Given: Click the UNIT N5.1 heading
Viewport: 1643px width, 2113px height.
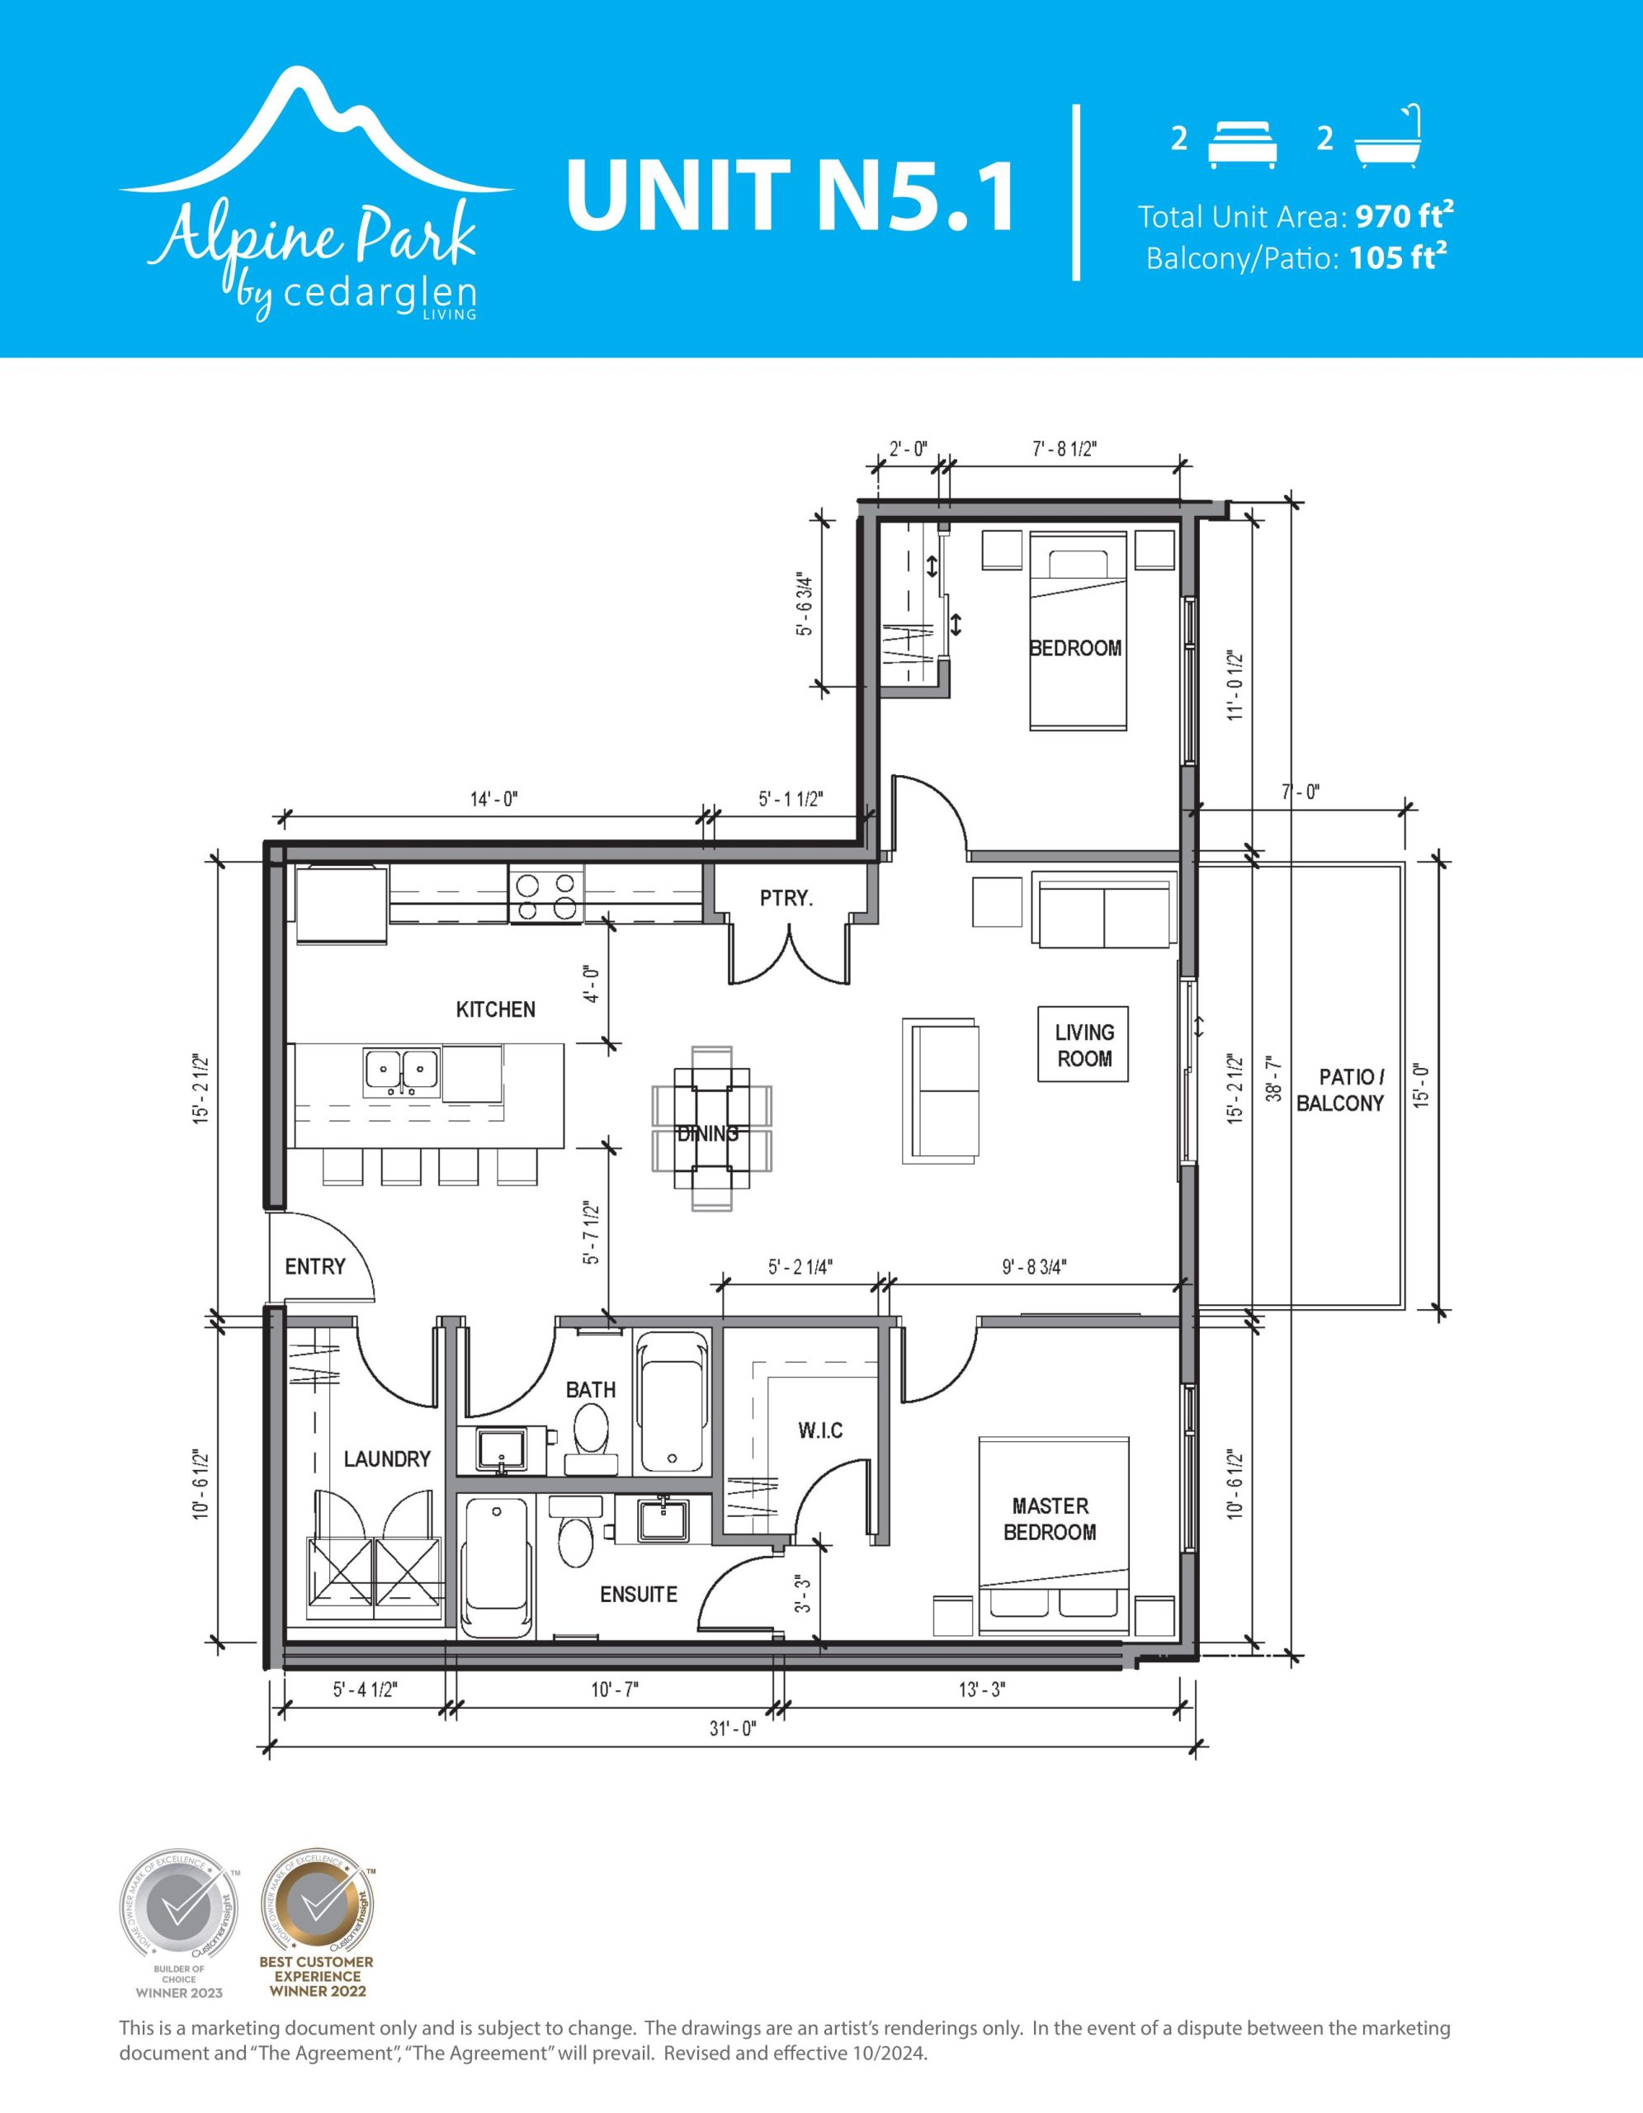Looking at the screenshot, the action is pos(790,196).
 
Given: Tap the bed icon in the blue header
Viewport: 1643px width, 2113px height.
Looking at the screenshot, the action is pos(1243,144).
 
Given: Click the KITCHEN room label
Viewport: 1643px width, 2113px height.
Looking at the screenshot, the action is pos(495,1010).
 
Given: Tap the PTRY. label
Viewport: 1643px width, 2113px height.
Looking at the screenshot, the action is pos(786,899).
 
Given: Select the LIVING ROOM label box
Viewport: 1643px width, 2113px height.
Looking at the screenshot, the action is pos(1084,1045).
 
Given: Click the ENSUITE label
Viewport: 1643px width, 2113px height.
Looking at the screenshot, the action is pos(638,1595).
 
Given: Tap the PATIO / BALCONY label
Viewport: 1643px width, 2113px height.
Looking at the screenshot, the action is pos(1339,1090).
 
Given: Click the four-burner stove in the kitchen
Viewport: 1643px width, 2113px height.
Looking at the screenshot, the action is pos(546,895).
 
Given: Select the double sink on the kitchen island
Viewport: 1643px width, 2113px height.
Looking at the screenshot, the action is pos(401,1072).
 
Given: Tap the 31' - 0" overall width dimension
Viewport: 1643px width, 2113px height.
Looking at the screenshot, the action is pos(732,1729).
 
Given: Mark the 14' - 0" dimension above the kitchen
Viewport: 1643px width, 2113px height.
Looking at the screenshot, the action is pos(494,799).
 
